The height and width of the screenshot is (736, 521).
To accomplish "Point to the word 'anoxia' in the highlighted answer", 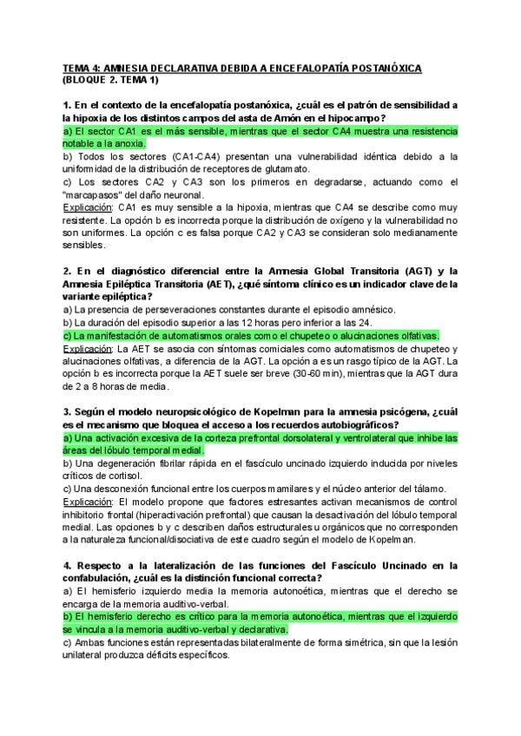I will pyautogui.click(x=127, y=143).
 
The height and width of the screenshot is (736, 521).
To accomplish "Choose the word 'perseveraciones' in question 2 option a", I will pyautogui.click(x=175, y=310).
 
